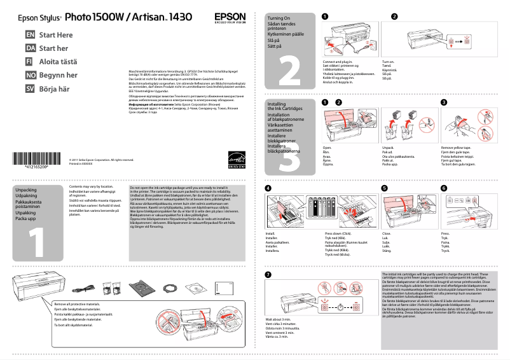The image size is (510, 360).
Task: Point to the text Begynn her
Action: click(x=59, y=75)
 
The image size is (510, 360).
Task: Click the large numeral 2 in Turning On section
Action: click(x=293, y=71)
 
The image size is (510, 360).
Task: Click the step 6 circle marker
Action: click(x=444, y=188)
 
